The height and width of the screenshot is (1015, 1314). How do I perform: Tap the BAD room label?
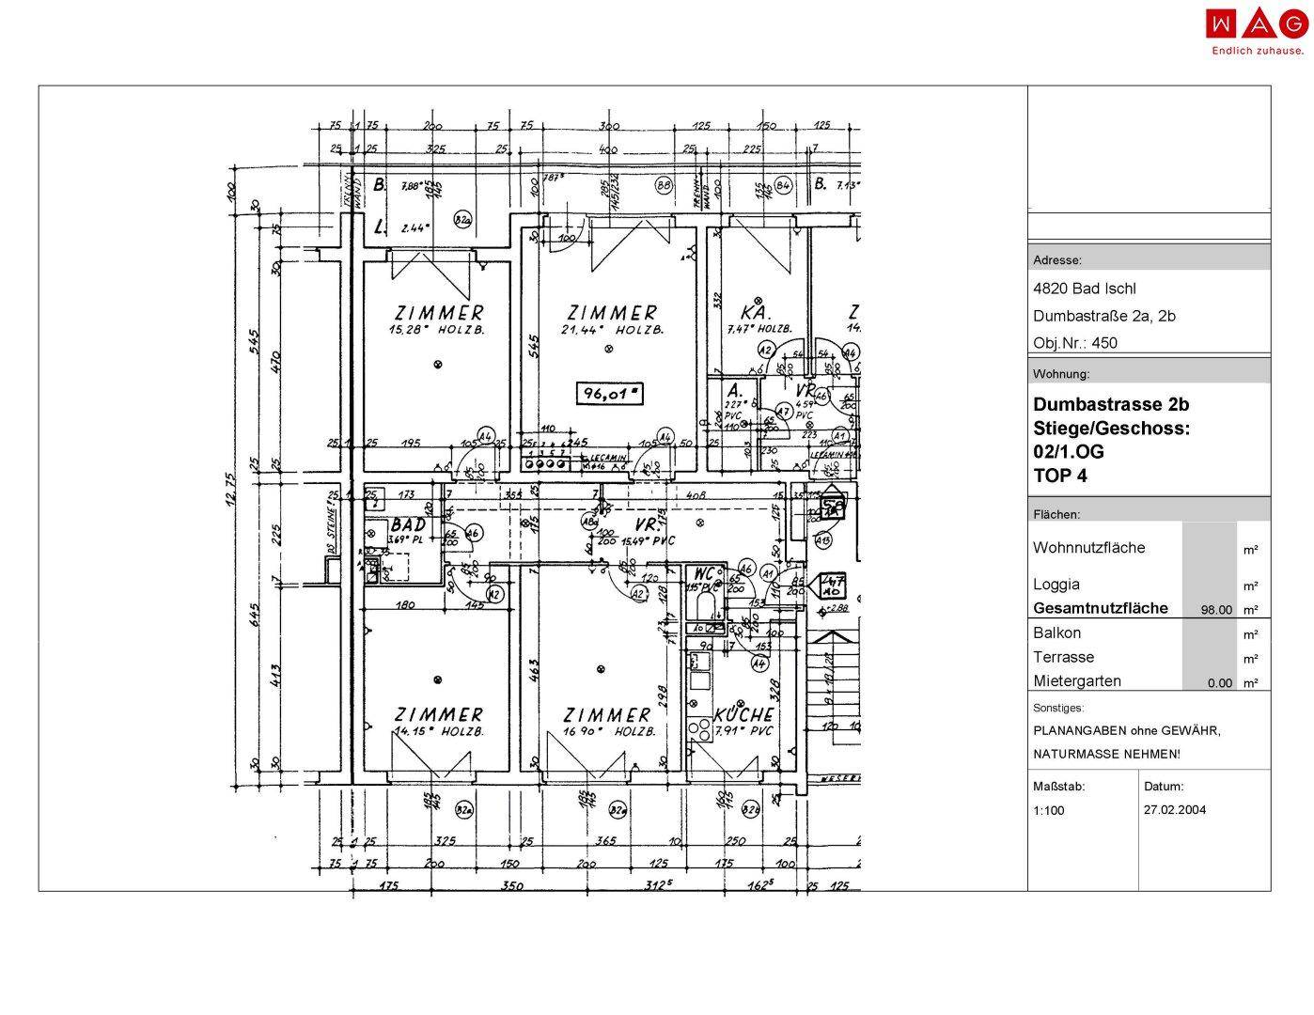click(x=408, y=524)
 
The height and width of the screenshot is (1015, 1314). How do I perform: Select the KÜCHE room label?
click(x=743, y=715)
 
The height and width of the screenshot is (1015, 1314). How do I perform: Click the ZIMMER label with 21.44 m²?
click(x=612, y=312)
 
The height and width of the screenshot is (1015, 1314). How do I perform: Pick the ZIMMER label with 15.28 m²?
click(x=440, y=312)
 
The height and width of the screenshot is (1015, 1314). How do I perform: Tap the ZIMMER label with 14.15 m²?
click(x=439, y=715)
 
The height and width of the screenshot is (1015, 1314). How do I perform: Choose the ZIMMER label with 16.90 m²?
click(x=606, y=715)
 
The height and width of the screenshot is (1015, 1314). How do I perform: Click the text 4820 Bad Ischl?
click(x=1084, y=289)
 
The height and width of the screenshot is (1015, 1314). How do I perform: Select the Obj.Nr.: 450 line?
click(x=1075, y=343)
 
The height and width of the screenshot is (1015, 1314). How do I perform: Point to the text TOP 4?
click(x=1060, y=476)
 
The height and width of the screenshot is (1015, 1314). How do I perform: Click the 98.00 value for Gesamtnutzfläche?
click(x=1216, y=610)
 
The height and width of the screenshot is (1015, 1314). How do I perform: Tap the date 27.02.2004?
click(x=1175, y=809)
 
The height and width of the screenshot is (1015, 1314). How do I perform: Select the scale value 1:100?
click(x=1049, y=810)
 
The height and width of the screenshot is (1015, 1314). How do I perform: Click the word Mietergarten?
click(x=1077, y=681)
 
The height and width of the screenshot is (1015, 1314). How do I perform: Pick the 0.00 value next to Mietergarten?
click(x=1219, y=683)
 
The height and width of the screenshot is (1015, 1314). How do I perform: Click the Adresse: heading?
click(x=1057, y=260)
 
